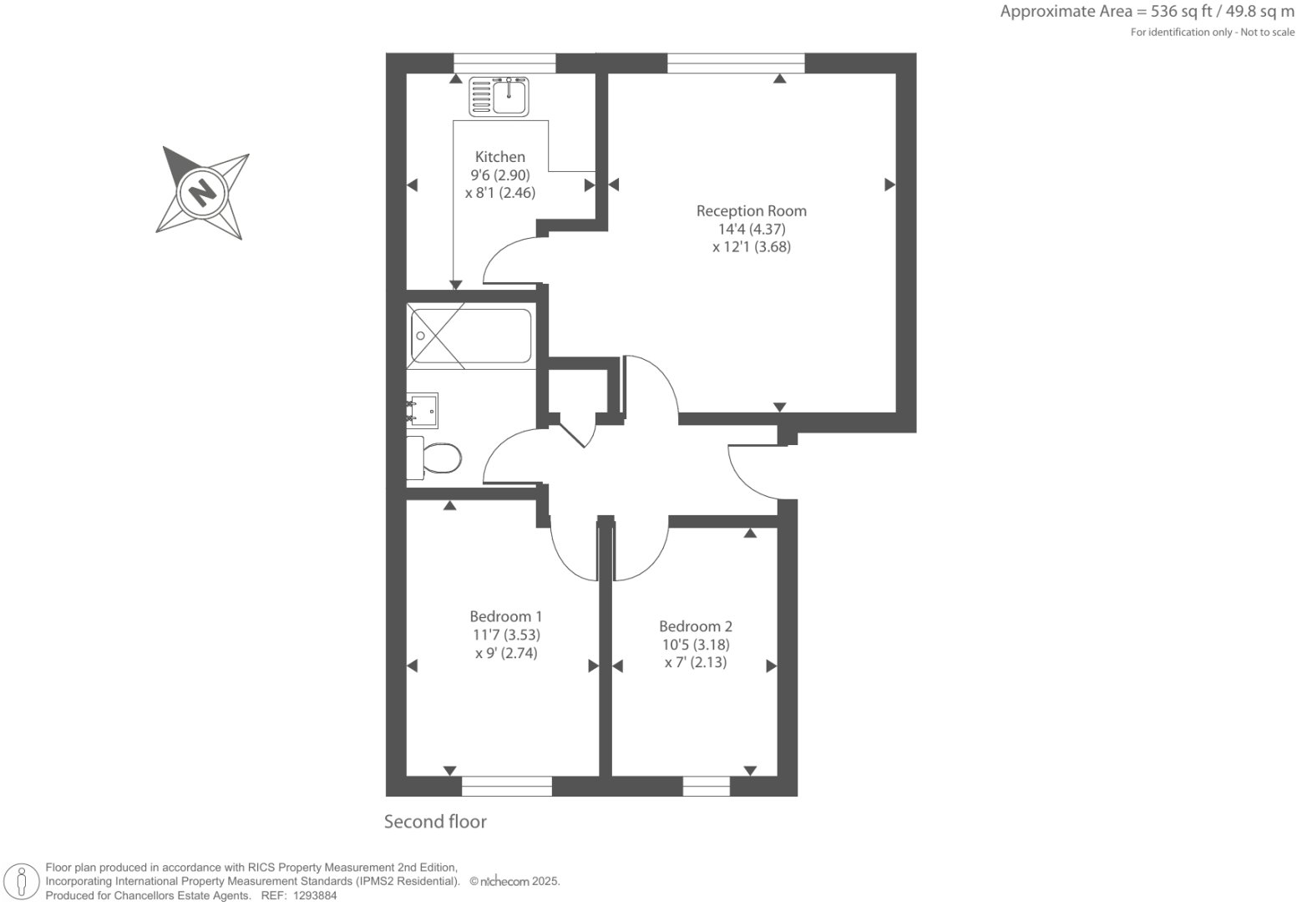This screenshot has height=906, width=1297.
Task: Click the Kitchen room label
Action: [x=499, y=157]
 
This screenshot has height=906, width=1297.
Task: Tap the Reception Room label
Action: [x=751, y=211]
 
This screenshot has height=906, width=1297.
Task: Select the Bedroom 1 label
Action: [x=505, y=616]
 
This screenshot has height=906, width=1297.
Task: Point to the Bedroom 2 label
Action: [x=695, y=626]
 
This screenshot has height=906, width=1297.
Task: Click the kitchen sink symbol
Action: [x=499, y=96]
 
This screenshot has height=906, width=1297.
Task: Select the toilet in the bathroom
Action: [x=435, y=458]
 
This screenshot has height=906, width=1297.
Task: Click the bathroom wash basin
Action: [x=423, y=410]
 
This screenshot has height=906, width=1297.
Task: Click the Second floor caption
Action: [x=435, y=822]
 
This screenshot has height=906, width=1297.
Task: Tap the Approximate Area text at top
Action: [x=1147, y=12]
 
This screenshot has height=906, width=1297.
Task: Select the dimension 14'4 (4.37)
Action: [x=751, y=229]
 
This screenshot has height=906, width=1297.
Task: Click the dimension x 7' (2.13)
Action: [x=695, y=662]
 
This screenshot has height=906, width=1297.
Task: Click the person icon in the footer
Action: [x=22, y=881]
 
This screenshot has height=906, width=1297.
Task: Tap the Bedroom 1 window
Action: [x=506, y=786]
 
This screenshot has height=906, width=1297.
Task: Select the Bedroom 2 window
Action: [x=706, y=786]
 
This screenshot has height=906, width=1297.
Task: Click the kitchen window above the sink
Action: [x=504, y=63]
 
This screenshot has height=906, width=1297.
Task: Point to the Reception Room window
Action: [x=736, y=63]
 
